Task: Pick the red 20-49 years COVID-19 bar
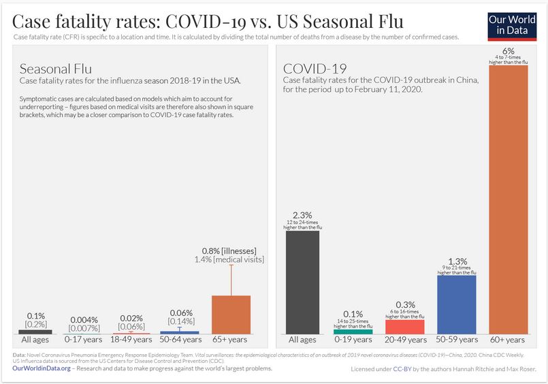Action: tap(404, 327)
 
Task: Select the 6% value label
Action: tap(507, 51)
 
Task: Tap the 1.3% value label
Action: tap(456, 261)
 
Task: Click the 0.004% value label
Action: tap(84, 320)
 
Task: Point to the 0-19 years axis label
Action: tap(353, 340)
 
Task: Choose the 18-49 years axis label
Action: tap(131, 339)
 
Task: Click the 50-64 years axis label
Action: tap(180, 339)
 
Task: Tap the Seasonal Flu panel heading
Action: tap(55, 69)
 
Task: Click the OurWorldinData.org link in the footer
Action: tap(42, 368)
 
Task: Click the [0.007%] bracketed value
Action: tap(84, 329)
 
